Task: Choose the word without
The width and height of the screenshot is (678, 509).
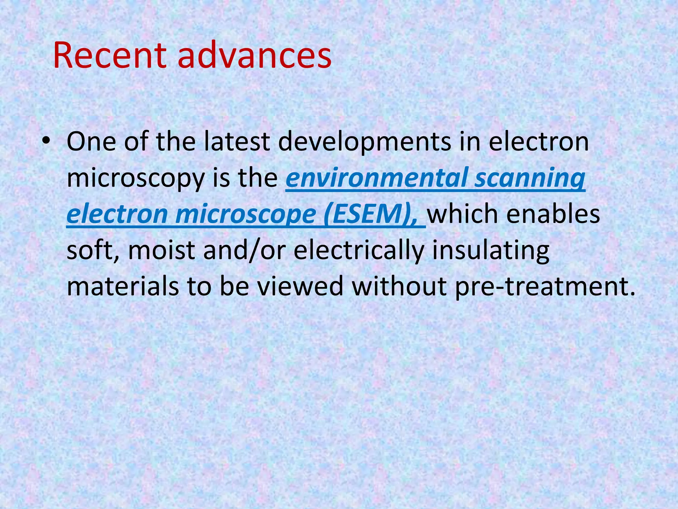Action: tap(399, 286)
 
